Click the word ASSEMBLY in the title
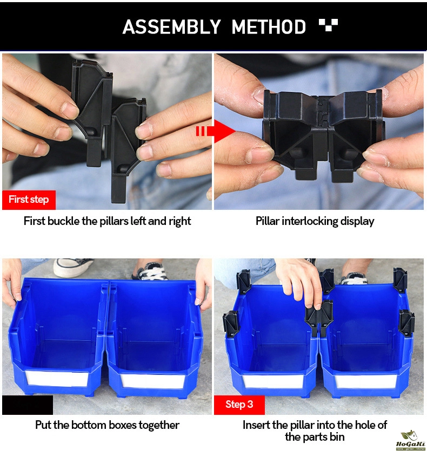pyautogui.click(x=171, y=27)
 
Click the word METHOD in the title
pyautogui.click(x=269, y=27)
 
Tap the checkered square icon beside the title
pyautogui.click(x=329, y=25)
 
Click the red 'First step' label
pyautogui.click(x=29, y=200)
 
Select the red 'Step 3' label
pyautogui.click(x=239, y=405)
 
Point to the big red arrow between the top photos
pyautogui.click(x=216, y=131)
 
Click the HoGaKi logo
pyautogui.click(x=410, y=441)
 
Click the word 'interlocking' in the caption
pyautogui.click(x=310, y=221)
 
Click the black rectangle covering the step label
pyautogui.click(x=28, y=405)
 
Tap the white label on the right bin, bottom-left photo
pyautogui.click(x=153, y=381)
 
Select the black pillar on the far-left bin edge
pyautogui.click(x=231, y=323)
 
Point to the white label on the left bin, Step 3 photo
pyautogui.click(x=273, y=381)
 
